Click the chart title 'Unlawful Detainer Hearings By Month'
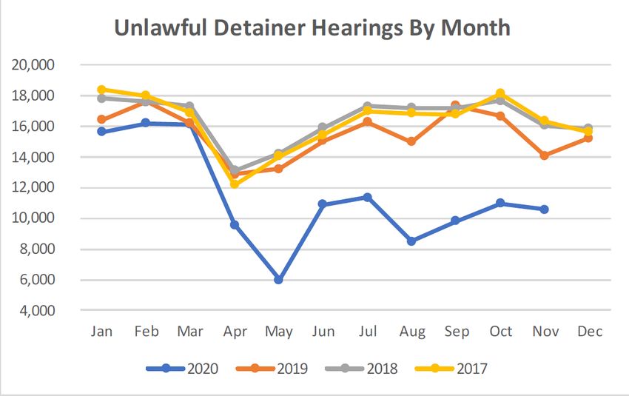[312, 29]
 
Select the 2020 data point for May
[279, 280]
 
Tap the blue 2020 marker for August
[411, 241]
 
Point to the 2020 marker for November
[545, 209]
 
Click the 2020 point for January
[101, 132]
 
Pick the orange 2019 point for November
[545, 155]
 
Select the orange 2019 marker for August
[411, 141]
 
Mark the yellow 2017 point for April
[235, 184]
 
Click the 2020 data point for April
[235, 224]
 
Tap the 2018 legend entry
[368, 368]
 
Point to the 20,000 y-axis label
[35, 65]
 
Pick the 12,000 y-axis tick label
[35, 188]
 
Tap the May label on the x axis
[279, 332]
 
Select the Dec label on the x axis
[590, 332]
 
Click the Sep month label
[457, 332]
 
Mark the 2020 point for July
[368, 198]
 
